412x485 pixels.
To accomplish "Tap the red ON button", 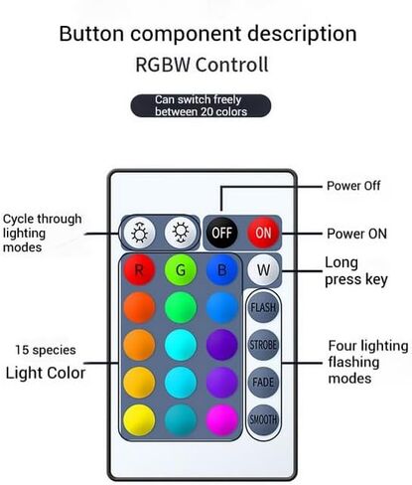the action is (x=263, y=233).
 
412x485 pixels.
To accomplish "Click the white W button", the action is (x=263, y=270).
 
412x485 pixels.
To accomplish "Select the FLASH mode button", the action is (x=263, y=307).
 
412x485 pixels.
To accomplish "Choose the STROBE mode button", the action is (x=263, y=345).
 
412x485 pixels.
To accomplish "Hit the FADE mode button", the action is (x=263, y=383).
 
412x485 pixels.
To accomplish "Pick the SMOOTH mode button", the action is (x=263, y=419).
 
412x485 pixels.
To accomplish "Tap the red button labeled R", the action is (x=139, y=270).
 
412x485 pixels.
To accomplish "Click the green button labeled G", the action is (x=181, y=270).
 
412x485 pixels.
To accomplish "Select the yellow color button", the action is (x=139, y=419).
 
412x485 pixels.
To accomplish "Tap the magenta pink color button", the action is (x=221, y=419).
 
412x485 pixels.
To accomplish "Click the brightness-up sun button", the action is (x=139, y=233).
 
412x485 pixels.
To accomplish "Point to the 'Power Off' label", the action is (x=353, y=186).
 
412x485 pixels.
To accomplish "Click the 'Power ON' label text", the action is (x=356, y=234).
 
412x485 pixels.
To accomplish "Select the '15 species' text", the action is (x=46, y=350).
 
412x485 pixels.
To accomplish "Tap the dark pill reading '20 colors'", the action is (x=201, y=105).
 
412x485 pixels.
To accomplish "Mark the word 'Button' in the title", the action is (x=91, y=34).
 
